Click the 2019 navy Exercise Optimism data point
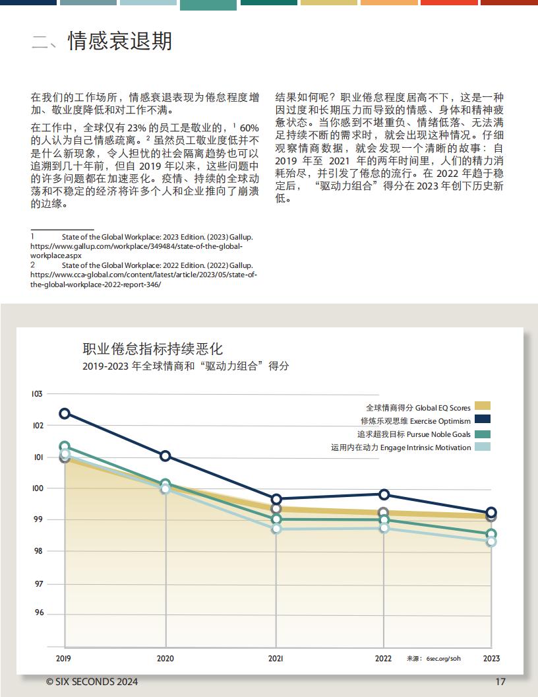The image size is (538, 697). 65,413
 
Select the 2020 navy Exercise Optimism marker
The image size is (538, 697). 165,455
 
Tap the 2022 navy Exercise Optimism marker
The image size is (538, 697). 384,494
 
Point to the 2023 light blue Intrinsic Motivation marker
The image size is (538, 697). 491,541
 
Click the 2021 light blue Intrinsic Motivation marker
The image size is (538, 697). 276,529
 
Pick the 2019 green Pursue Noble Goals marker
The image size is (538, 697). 65,446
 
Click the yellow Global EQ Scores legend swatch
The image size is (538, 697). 482,406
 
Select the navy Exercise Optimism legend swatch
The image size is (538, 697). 482,418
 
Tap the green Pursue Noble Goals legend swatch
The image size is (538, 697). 482,434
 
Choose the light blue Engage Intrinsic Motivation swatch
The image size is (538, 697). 482,447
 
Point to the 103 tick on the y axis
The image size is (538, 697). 37,394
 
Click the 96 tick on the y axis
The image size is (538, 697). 39,613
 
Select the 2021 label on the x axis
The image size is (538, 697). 276,658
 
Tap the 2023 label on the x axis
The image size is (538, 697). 491,658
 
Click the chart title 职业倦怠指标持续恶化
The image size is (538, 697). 153,348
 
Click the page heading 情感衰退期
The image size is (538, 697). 120,41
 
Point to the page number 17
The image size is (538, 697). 500,681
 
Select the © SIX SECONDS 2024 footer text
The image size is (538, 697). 92,681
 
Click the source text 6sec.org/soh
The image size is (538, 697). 444,658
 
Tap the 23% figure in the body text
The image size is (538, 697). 136,128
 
